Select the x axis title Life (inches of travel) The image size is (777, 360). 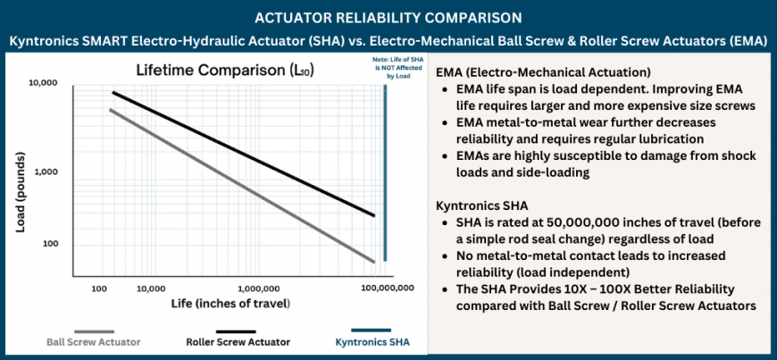coord(230,305)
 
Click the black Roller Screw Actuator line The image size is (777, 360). coord(241,153)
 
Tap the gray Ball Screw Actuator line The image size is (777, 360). coord(241,190)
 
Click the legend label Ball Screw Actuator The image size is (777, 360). coord(93,341)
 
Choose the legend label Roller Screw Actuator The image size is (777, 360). coord(238,341)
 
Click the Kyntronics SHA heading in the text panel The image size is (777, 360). coord(479,205)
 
